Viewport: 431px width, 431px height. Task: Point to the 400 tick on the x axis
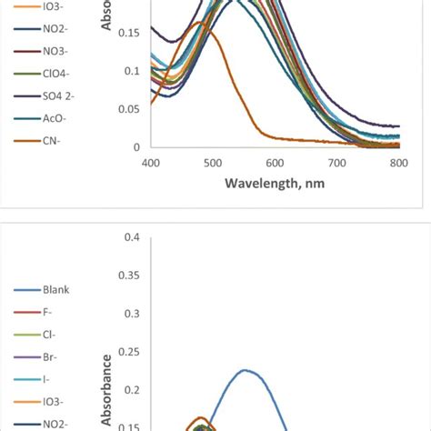click(151, 163)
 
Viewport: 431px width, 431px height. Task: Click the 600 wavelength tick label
click(275, 163)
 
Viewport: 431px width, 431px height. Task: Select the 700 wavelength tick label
click(336, 163)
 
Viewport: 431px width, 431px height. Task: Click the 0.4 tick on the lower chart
click(132, 237)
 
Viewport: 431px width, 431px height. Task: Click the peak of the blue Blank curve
click(245, 370)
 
